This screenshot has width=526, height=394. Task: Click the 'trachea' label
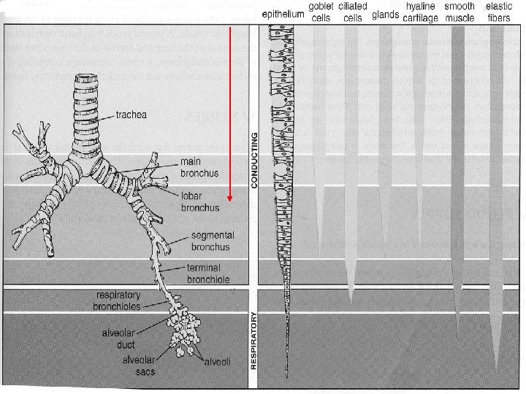pos(131,115)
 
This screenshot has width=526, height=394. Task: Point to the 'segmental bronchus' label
pos(212,242)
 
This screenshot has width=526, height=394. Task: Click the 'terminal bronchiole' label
pos(208,274)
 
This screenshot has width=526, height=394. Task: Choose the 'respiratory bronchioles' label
pos(117,300)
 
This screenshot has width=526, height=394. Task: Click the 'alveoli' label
pos(217,361)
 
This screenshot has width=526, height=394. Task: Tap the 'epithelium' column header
pos(283,14)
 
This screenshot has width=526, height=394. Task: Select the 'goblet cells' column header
pos(321,12)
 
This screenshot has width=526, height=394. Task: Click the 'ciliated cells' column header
pos(353,12)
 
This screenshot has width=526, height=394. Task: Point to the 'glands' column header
pos(385,14)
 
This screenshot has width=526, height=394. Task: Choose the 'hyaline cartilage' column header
pos(421,12)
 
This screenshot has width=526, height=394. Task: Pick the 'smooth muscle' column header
pos(460,12)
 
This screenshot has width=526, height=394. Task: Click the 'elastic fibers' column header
pos(499,12)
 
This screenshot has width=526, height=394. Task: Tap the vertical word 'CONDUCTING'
pos(254,160)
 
